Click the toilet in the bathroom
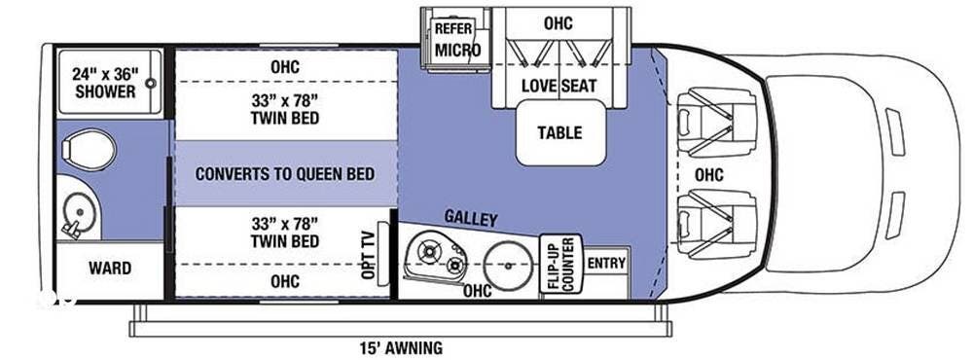pyautogui.click(x=89, y=150)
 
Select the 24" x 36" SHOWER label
pyautogui.click(x=104, y=83)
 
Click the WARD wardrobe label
pyautogui.click(x=110, y=269)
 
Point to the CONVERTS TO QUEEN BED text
pyautogui.click(x=285, y=174)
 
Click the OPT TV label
pyautogui.click(x=368, y=255)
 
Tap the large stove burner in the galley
pyautogui.click(x=427, y=251)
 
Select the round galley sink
pyautogui.click(x=508, y=266)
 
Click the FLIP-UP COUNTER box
pyautogui.click(x=560, y=264)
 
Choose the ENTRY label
pyautogui.click(x=606, y=263)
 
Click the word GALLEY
pyautogui.click(x=471, y=219)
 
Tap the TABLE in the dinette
pyautogui.click(x=559, y=132)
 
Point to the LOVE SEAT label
pyautogui.click(x=559, y=86)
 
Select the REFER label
pyautogui.click(x=453, y=28)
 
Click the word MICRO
pyautogui.click(x=457, y=51)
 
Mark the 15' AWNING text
pyautogui.click(x=400, y=347)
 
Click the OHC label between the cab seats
pyautogui.click(x=708, y=175)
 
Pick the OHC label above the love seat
pyautogui.click(x=559, y=23)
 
